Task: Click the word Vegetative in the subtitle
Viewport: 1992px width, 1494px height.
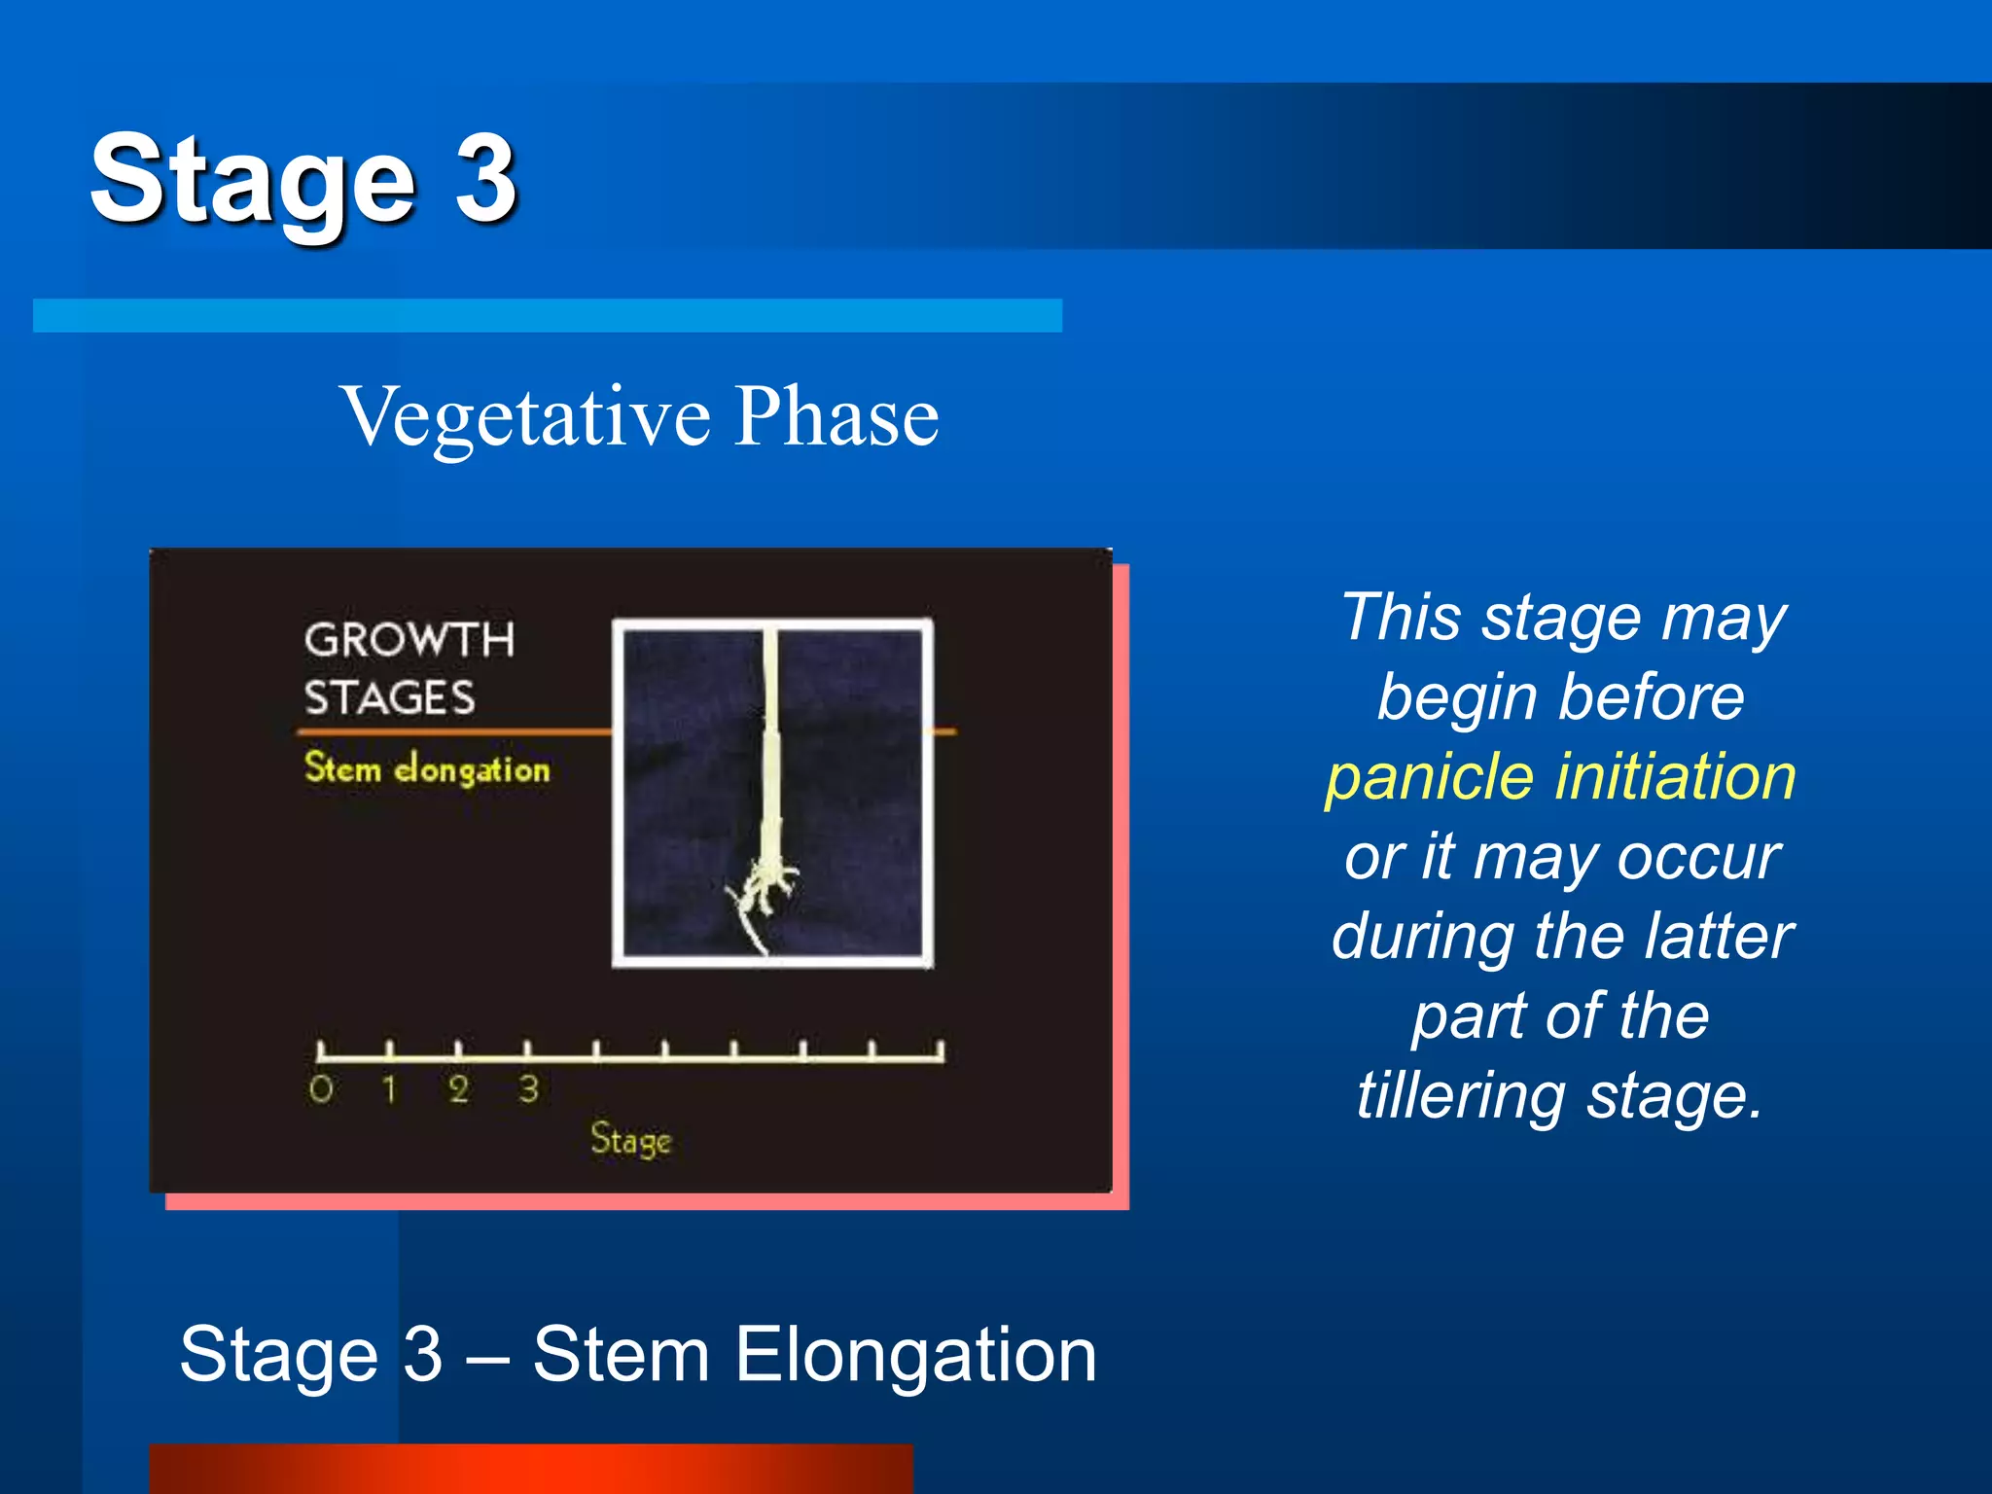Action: [526, 416]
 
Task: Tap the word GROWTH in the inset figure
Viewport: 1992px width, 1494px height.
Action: [409, 640]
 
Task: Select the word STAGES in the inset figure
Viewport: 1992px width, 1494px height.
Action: [389, 698]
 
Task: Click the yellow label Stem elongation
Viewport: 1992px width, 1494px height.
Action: [427, 768]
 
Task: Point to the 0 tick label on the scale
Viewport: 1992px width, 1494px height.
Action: [321, 1089]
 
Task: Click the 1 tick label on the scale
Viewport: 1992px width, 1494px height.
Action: [389, 1089]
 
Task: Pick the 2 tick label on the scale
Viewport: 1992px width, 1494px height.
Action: [459, 1089]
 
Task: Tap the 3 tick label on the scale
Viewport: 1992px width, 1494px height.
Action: [528, 1089]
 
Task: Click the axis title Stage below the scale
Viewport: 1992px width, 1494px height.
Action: [630, 1139]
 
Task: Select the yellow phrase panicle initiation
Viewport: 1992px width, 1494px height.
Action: [1560, 777]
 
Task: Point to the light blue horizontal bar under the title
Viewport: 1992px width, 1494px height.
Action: [547, 315]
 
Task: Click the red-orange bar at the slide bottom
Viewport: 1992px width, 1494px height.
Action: [531, 1469]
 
